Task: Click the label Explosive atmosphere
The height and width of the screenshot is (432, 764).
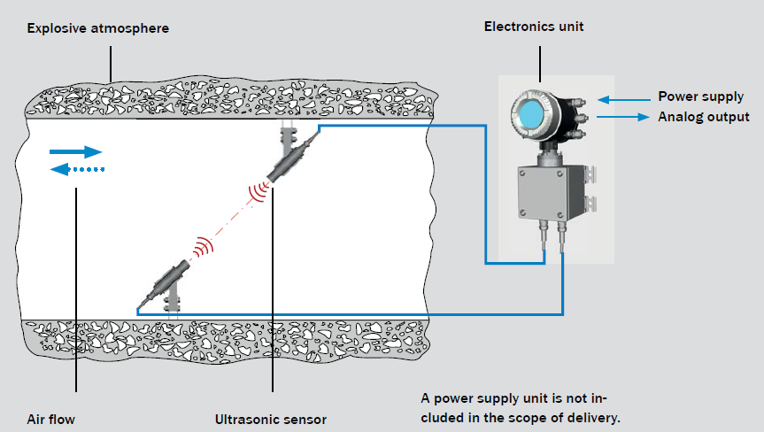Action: pyautogui.click(x=97, y=28)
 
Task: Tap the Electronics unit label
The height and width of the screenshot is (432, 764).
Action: pyautogui.click(x=534, y=27)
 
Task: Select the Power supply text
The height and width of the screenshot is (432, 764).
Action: pyautogui.click(x=700, y=96)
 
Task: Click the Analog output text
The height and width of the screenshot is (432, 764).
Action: pyautogui.click(x=704, y=117)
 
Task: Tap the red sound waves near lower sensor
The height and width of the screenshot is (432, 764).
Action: pyautogui.click(x=202, y=244)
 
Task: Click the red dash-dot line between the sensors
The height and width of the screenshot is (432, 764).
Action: pyautogui.click(x=228, y=218)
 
